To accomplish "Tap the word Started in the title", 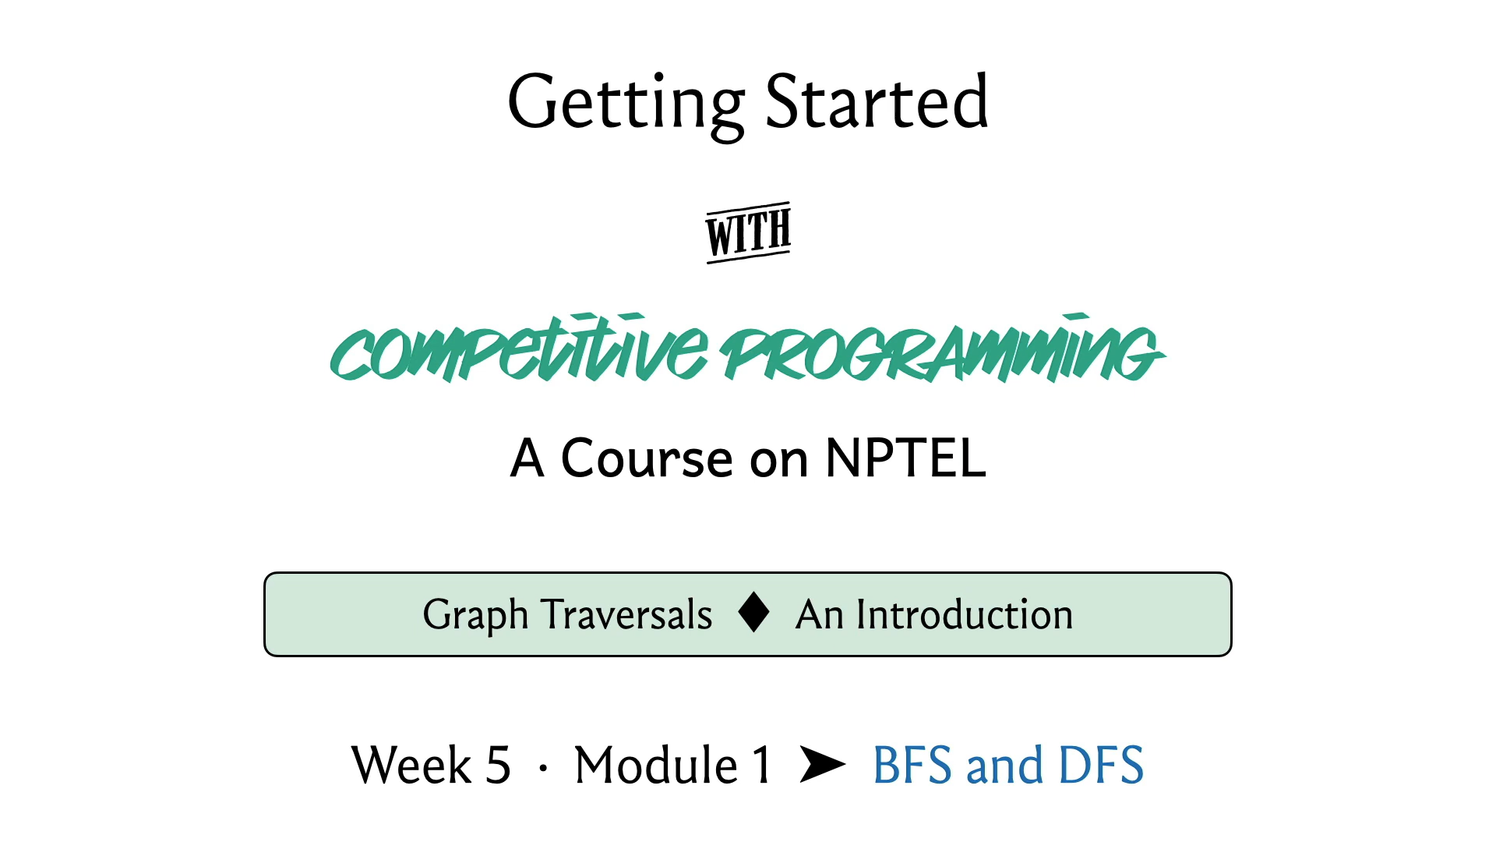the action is (x=877, y=101).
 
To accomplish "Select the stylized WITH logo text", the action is (x=749, y=232).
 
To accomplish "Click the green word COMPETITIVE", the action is (x=520, y=348).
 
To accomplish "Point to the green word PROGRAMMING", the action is (x=943, y=348).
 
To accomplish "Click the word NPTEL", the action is (x=905, y=458).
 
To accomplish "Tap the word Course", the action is (x=647, y=458).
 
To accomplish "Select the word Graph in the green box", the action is (x=475, y=616).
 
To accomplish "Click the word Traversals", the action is (x=627, y=614).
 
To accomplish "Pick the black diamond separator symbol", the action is (x=754, y=612).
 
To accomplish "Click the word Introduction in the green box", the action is (x=965, y=614).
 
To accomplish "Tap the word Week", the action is (x=411, y=765).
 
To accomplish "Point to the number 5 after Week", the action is (x=499, y=765).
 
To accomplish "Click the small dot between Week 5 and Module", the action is (x=543, y=769).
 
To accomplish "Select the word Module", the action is (x=656, y=765).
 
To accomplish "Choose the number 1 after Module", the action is (x=762, y=765).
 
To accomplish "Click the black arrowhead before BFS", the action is (x=823, y=764).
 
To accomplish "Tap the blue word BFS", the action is (x=912, y=765).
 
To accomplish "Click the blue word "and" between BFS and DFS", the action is (x=1005, y=765).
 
